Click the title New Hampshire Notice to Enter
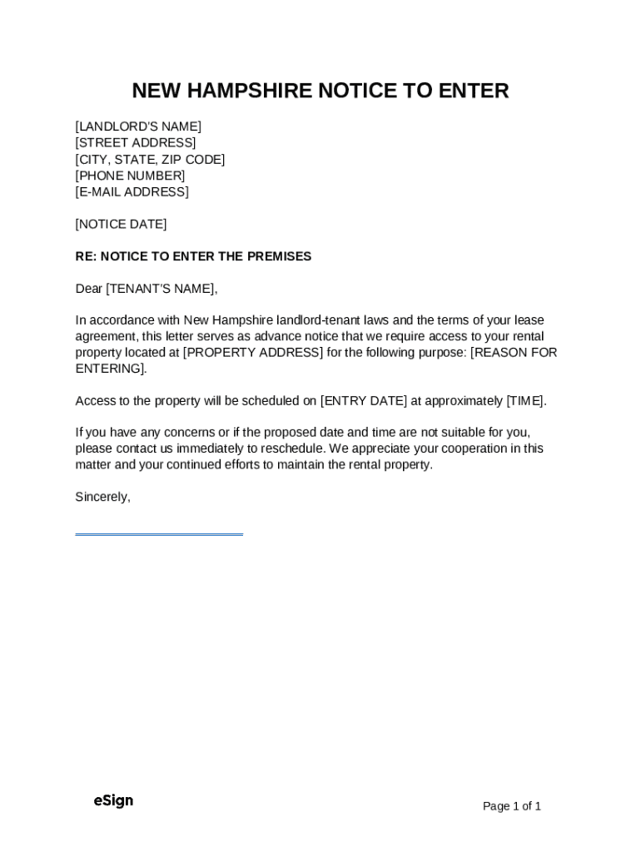pos(320,91)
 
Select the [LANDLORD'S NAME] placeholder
pos(138,126)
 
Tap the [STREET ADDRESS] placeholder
pos(136,143)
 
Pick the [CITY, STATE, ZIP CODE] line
pos(150,160)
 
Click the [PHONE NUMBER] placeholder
pos(130,176)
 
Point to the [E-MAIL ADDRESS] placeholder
pos(132,192)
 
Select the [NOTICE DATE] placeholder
pos(121,225)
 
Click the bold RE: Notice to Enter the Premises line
pos(193,256)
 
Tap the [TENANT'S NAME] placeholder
pos(161,289)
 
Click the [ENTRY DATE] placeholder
pos(364,401)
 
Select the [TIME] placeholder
pos(525,401)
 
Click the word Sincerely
pos(102,497)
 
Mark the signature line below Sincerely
pos(159,534)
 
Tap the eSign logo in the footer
pos(113,800)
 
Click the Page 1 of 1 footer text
pos(512,806)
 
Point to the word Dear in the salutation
pos(88,289)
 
